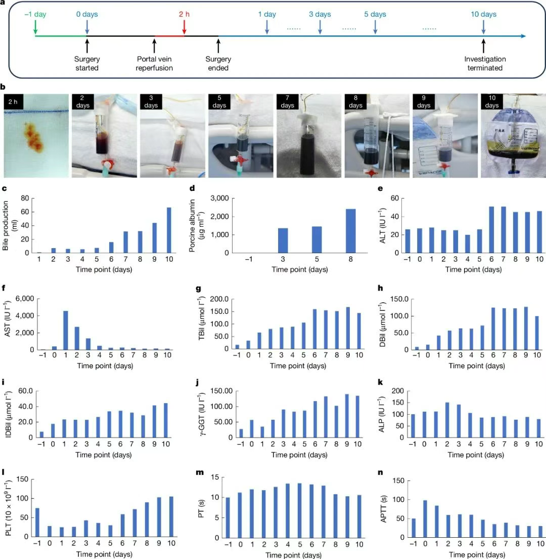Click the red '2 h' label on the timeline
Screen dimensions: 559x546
(x=184, y=14)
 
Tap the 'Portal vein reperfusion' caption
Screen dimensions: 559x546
(x=154, y=63)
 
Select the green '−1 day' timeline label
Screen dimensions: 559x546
(x=35, y=14)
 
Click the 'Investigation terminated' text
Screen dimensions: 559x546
(x=484, y=63)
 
